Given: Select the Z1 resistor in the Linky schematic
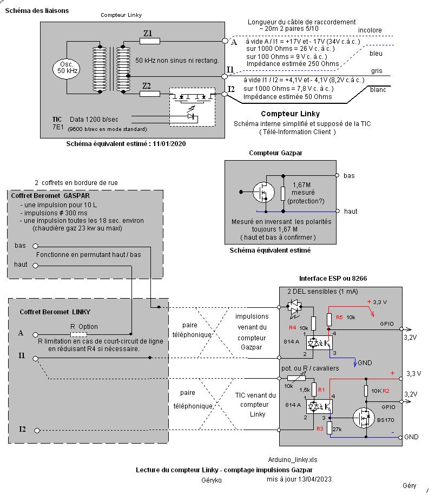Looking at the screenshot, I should point(150,41).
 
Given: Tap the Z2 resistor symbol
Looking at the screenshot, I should point(150,94).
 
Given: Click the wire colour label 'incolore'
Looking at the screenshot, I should point(370,30).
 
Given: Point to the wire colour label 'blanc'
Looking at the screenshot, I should point(378,90).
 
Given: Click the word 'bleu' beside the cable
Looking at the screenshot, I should point(375,54).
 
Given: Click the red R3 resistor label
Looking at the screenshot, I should point(320,428).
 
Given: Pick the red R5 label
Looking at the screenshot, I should point(339,318).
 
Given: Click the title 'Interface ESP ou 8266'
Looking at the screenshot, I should point(334,279).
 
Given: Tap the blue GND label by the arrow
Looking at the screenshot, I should point(365,362).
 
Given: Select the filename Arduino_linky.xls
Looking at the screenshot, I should point(292,459).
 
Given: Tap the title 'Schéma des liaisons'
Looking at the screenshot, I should point(37,11).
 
